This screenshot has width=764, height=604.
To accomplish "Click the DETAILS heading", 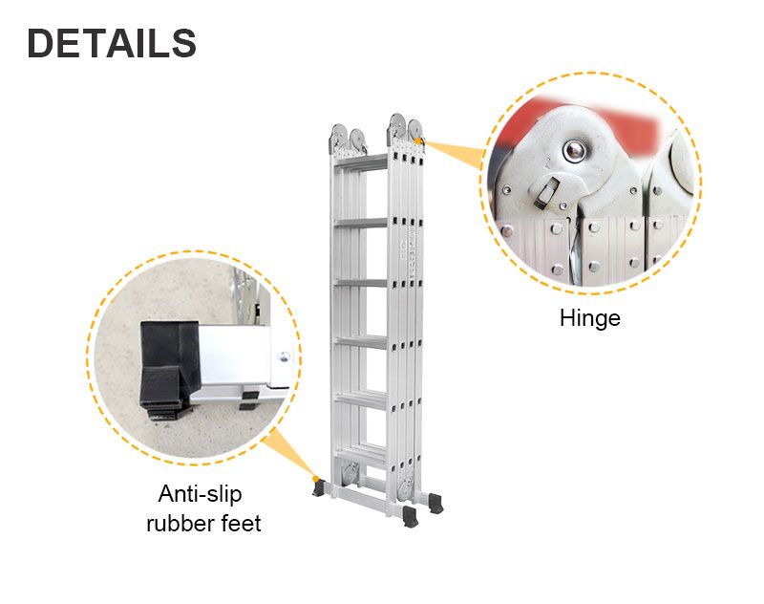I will [x=112, y=44].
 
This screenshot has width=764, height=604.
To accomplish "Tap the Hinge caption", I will [x=589, y=318].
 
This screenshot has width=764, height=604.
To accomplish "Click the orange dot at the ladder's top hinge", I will [x=421, y=142].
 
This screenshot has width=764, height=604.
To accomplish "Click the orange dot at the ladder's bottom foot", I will [x=315, y=479].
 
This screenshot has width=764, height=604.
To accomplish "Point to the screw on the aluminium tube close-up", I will [x=282, y=356].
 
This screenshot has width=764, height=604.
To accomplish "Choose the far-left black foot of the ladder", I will [x=318, y=489].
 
